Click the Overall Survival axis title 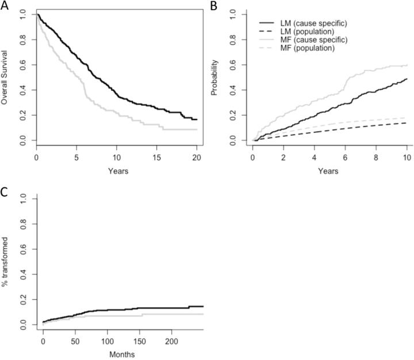click(5, 77)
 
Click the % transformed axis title click(5, 262)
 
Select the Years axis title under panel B click(329, 171)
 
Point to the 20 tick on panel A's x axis click(196, 156)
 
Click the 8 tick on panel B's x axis click(377, 156)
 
